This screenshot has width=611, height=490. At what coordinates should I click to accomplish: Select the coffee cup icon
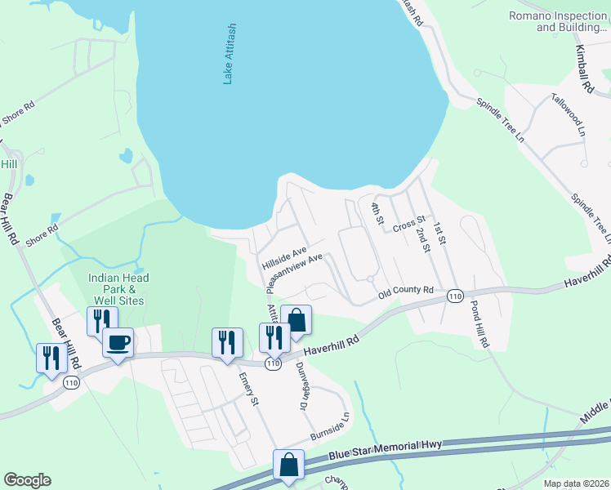point(118,342)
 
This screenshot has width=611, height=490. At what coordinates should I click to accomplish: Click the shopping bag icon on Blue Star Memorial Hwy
point(289,466)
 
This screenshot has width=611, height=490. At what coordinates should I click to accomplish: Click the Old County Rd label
point(405,290)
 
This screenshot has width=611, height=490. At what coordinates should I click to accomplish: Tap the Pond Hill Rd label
point(479,325)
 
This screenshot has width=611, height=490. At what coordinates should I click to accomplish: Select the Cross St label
point(409,222)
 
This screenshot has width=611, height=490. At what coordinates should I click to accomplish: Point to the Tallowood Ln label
point(568,118)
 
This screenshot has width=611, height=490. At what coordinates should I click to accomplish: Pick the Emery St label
point(248,390)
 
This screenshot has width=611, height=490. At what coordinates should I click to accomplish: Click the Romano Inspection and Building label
point(560,21)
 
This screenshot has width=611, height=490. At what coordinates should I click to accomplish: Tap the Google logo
point(27,480)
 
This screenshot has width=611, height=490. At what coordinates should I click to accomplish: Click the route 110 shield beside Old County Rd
point(456,296)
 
